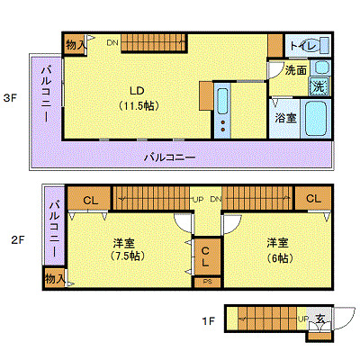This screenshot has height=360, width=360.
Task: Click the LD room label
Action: click(x=138, y=90)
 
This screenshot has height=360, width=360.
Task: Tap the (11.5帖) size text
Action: click(x=139, y=105)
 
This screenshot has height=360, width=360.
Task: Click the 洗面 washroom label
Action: click(x=295, y=69)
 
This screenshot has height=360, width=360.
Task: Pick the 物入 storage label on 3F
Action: click(x=76, y=43)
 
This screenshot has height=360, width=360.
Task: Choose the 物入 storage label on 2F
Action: click(x=54, y=279)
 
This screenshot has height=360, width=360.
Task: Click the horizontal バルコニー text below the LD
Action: click(x=171, y=156)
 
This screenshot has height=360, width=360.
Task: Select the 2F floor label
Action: click(x=16, y=240)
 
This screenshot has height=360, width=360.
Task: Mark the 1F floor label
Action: click(x=208, y=319)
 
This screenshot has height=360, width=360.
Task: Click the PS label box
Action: click(x=205, y=282)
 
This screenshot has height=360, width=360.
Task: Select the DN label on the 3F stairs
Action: click(x=112, y=42)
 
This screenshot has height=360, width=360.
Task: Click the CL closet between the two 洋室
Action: click(x=205, y=256)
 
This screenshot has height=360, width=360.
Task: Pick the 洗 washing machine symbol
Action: click(x=319, y=86)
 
